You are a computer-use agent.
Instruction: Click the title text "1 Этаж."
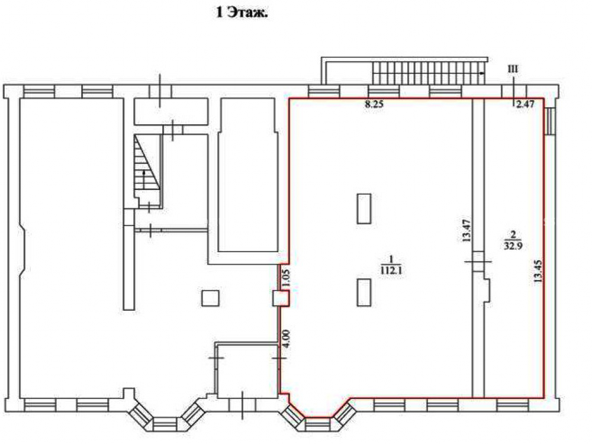pyautogui.click(x=242, y=13)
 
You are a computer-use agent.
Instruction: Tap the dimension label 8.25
pyautogui.click(x=374, y=105)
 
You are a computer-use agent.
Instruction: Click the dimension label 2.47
pyautogui.click(x=525, y=104)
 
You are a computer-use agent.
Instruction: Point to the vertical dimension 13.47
pyautogui.click(x=466, y=230)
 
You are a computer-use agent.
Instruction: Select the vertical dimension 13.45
pyautogui.click(x=538, y=271)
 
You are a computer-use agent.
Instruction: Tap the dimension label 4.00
pyautogui.click(x=285, y=339)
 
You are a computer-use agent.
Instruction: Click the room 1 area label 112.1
pyautogui.click(x=391, y=269)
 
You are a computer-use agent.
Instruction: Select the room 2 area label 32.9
pyautogui.click(x=513, y=246)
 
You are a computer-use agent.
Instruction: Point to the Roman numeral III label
pyautogui.click(x=513, y=69)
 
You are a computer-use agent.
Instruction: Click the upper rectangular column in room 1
pyautogui.click(x=364, y=209)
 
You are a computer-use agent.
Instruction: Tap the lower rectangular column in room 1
pyautogui.click(x=364, y=292)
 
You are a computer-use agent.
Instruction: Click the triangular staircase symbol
pyautogui.click(x=147, y=163)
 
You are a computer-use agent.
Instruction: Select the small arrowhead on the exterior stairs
pyautogui.click(x=482, y=73)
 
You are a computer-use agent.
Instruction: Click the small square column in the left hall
pyautogui.click(x=210, y=298)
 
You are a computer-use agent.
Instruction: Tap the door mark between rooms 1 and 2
pyautogui.click(x=478, y=261)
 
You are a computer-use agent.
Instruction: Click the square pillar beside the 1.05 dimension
pyautogui.click(x=281, y=298)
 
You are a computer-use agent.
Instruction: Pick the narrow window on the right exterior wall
pyautogui.click(x=550, y=121)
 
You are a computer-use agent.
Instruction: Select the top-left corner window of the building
pyautogui.click(x=39, y=91)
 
